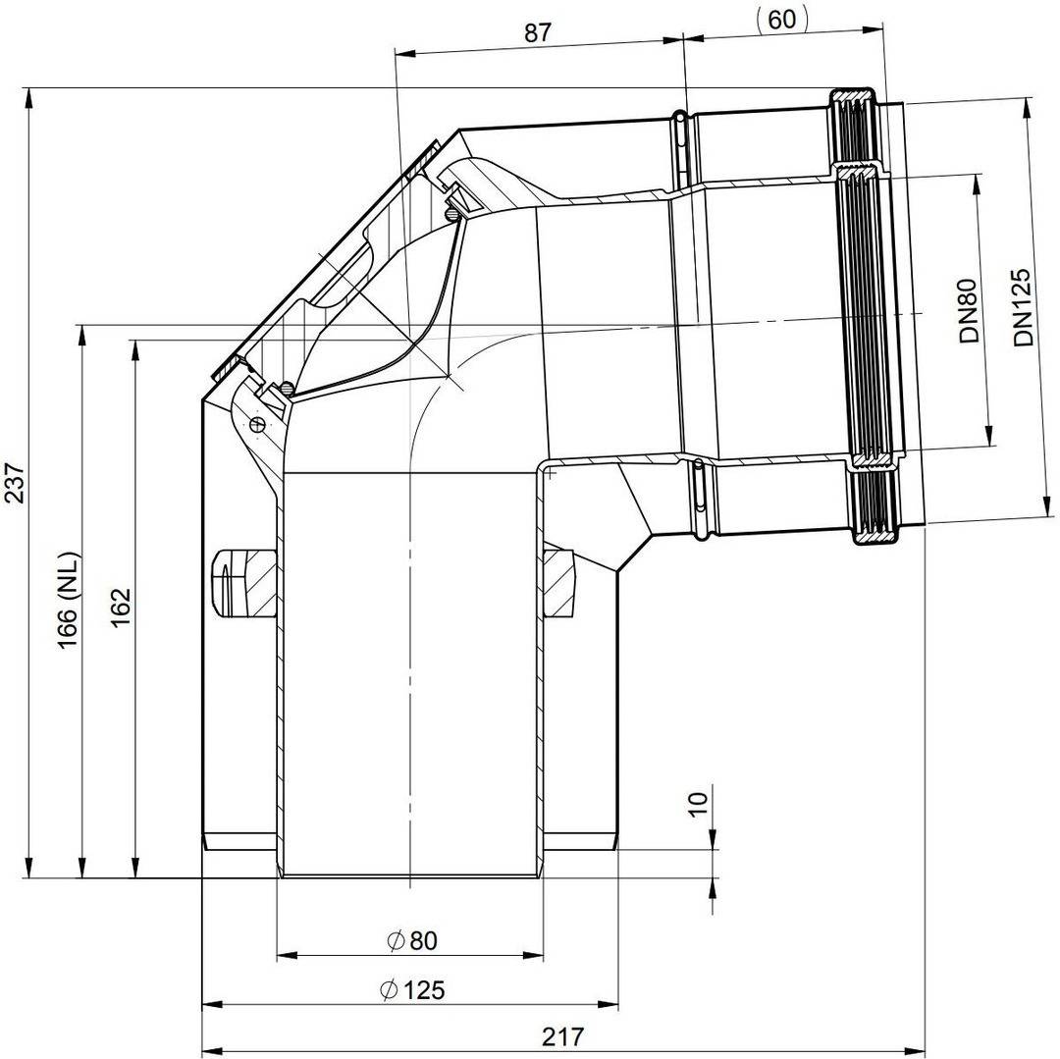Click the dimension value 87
(538, 32)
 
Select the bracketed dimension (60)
(781, 19)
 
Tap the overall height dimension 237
(14, 483)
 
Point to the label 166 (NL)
(69, 601)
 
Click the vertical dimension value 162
(121, 608)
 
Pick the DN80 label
(969, 311)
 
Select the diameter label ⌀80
(411, 940)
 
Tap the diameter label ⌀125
(412, 990)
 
